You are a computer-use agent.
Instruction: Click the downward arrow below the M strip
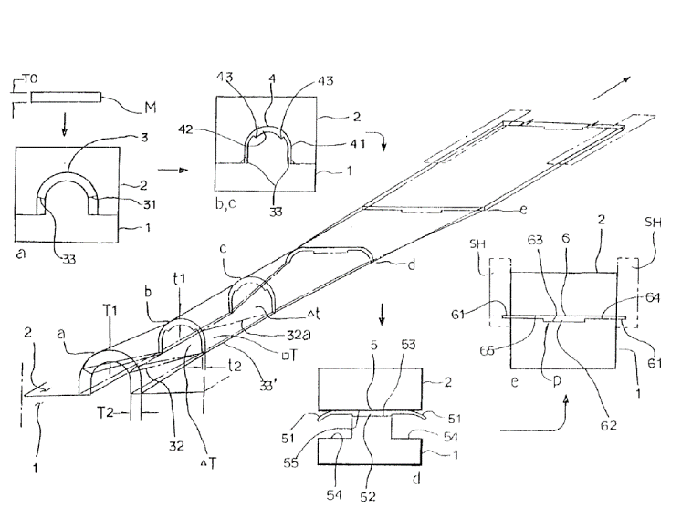(x=63, y=126)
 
